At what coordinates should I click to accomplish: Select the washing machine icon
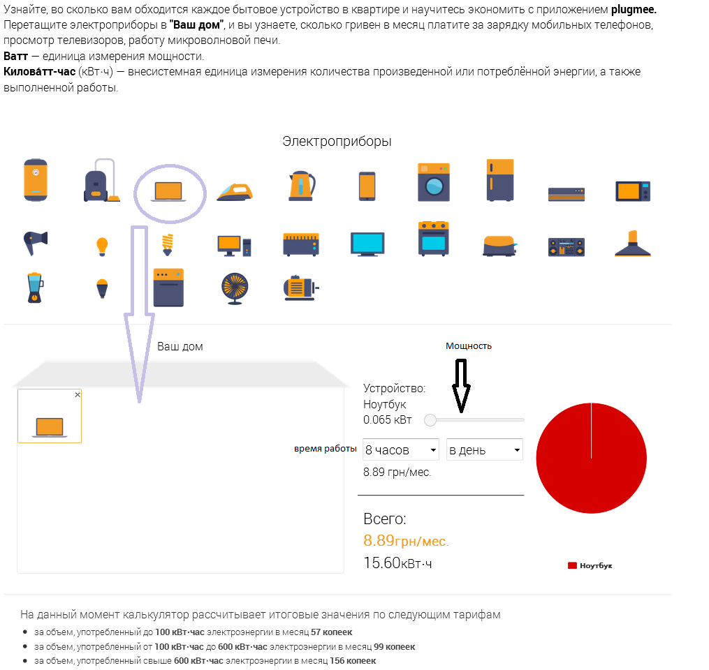[434, 182]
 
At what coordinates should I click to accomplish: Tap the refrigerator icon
[500, 180]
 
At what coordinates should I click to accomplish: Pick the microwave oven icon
[633, 191]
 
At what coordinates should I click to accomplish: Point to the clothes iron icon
[235, 192]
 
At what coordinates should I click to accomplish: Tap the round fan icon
[235, 288]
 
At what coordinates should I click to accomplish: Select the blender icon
[35, 288]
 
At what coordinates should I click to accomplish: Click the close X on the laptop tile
[78, 395]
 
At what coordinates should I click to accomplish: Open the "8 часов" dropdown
[401, 449]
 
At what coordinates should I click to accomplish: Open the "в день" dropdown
[484, 449]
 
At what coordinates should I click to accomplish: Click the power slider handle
[430, 420]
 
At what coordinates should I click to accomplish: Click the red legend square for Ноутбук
[572, 565]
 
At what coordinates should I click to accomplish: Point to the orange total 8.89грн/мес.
[406, 541]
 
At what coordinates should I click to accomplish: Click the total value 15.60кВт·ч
[397, 563]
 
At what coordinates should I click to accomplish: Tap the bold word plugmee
[634, 10]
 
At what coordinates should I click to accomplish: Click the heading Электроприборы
[337, 142]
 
